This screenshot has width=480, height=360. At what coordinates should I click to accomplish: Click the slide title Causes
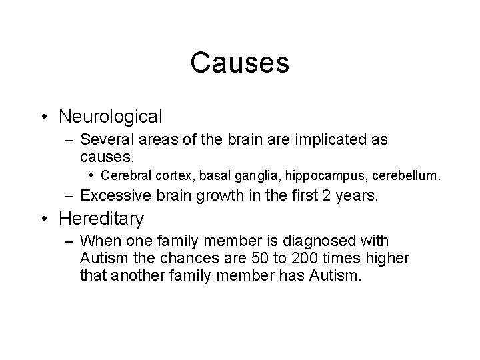coord(239,63)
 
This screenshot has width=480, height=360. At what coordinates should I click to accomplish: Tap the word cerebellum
coord(407,176)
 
